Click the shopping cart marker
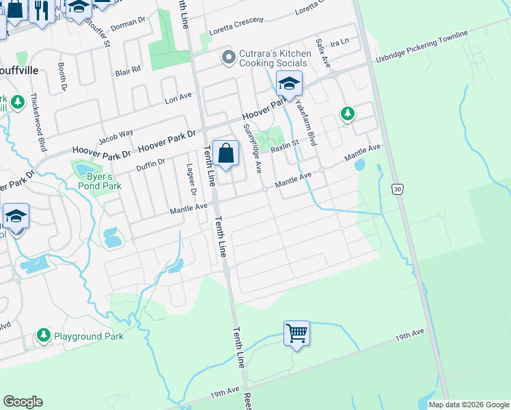(297, 334)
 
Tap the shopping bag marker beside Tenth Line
(226, 154)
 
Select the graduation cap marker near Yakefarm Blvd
(289, 85)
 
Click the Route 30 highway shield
(398, 188)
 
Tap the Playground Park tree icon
(44, 336)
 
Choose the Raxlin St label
(285, 146)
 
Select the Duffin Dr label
(151, 164)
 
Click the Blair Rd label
(128, 70)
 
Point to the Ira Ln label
(339, 42)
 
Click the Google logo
(23, 402)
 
